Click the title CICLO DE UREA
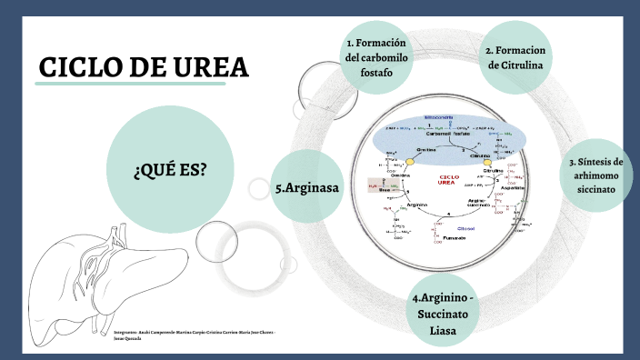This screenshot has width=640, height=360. (x=144, y=68)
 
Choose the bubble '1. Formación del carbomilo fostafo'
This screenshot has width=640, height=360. (x=375, y=57)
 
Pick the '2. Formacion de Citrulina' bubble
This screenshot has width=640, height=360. (x=515, y=57)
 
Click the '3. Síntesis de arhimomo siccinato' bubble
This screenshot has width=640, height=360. (x=595, y=175)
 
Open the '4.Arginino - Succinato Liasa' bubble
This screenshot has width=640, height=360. (x=443, y=313)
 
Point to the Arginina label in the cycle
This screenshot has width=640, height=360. (x=416, y=205)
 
